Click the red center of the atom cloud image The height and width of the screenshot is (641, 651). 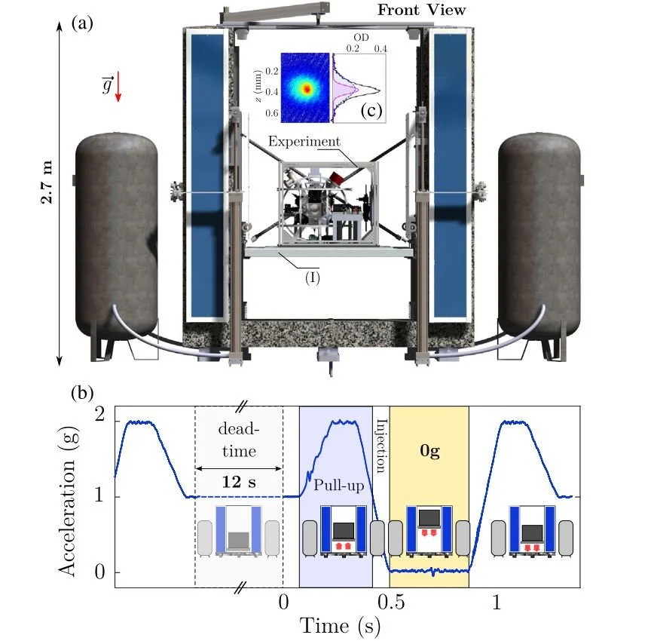(306, 88)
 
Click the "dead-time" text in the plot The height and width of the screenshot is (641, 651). (239, 440)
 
